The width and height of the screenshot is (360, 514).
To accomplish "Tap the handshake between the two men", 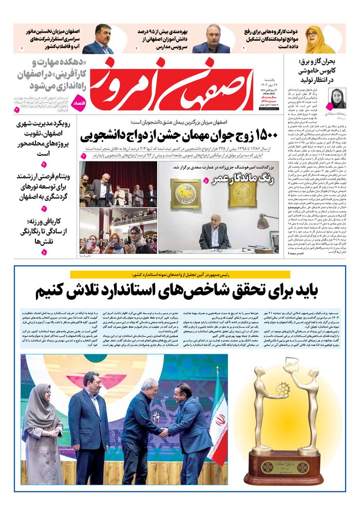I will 163,433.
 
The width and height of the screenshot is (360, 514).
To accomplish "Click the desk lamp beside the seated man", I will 263,222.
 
